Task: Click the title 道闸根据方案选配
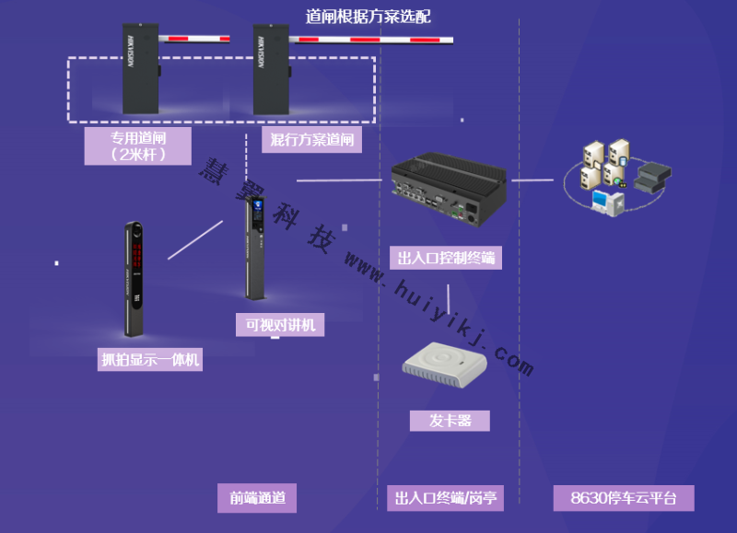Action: coord(368,17)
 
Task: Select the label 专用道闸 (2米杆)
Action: coord(138,145)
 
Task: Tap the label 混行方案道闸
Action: coord(312,140)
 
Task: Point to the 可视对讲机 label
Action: coord(280,325)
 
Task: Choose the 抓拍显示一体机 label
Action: coord(150,360)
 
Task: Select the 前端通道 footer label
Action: coord(257,498)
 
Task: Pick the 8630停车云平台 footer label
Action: coord(624,498)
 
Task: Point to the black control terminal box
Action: coord(448,191)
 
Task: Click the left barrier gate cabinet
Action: coord(140,70)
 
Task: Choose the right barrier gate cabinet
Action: coord(272,70)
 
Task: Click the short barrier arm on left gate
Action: coord(194,39)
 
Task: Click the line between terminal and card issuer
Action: coord(449,297)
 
